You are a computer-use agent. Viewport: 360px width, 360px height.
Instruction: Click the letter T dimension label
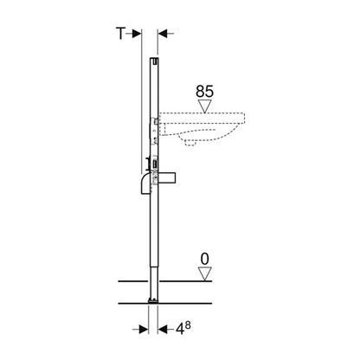[120, 34]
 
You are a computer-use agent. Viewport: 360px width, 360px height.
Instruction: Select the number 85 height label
[205, 92]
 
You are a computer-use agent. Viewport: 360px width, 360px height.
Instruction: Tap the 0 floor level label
[204, 259]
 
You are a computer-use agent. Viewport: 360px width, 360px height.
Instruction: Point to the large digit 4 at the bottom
[180, 329]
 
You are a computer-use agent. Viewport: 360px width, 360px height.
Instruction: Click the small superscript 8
[188, 325]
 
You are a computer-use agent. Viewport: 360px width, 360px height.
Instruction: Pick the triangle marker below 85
[205, 106]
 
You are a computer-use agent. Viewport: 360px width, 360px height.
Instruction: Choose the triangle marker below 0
[205, 273]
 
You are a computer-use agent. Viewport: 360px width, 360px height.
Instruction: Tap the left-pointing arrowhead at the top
[163, 34]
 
